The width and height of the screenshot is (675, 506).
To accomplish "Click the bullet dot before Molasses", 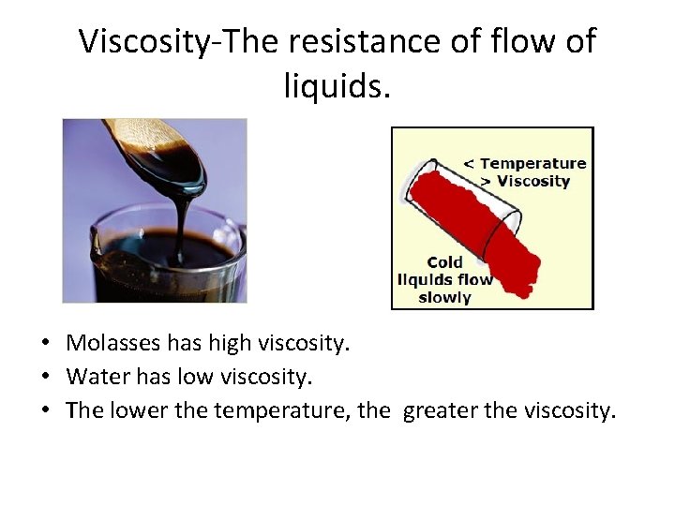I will (46, 345).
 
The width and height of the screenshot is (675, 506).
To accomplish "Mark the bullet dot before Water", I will (46, 378).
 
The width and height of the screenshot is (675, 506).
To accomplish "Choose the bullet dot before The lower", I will (46, 410).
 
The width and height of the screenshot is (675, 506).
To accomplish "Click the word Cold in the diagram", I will (444, 262).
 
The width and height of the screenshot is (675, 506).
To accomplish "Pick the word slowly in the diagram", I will (444, 297).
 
